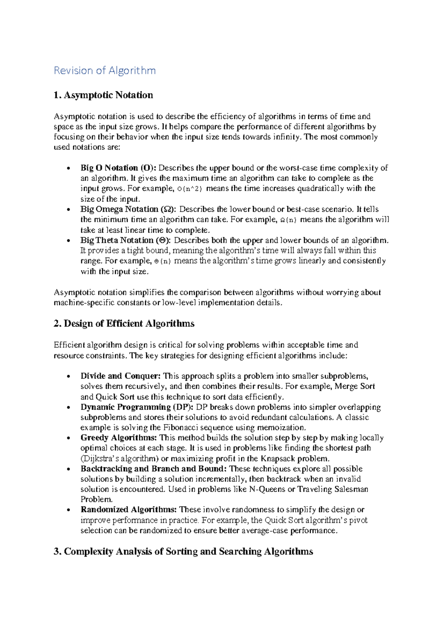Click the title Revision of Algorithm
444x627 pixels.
[x=105, y=70]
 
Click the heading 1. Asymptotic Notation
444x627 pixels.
[x=103, y=95]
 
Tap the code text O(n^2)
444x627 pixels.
[x=190, y=189]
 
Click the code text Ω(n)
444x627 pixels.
[x=288, y=220]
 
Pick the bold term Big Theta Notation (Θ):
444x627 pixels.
[x=126, y=240]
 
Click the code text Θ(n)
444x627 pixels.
[x=162, y=261]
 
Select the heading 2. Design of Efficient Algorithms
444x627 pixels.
[x=124, y=323]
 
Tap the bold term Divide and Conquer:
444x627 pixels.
[x=121, y=376]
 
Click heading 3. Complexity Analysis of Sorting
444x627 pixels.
[x=183, y=552]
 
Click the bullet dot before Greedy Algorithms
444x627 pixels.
[x=68, y=438]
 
